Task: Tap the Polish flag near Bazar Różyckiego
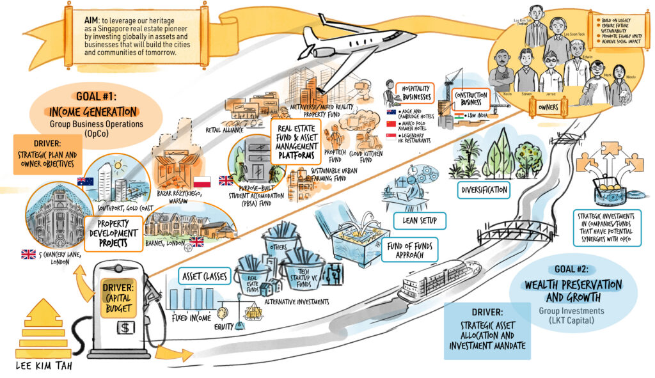[x=201, y=181]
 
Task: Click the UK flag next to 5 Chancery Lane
[x=28, y=254]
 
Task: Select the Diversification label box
[x=483, y=189]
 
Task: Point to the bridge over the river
[x=509, y=227]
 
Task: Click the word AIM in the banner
[x=91, y=20]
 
